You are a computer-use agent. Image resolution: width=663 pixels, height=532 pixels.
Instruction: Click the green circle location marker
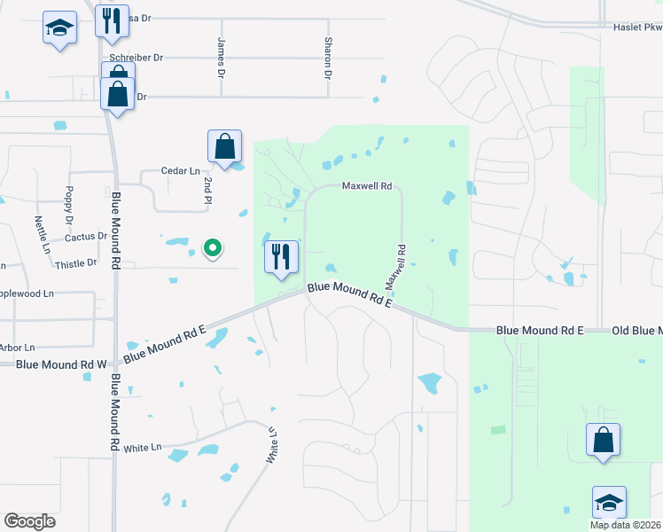[212, 248]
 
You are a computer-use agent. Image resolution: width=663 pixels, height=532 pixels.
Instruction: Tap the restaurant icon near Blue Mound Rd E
[282, 257]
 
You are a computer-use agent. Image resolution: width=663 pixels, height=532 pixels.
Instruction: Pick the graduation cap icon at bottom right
[609, 502]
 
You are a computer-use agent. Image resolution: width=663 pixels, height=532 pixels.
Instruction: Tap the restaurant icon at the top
[112, 21]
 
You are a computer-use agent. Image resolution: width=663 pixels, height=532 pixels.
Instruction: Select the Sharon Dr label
[327, 58]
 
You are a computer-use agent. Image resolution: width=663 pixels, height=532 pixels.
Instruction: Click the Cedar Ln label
[177, 170]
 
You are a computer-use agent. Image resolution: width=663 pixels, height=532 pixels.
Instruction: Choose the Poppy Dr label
[68, 205]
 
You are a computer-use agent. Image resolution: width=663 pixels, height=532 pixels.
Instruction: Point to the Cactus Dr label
[86, 237]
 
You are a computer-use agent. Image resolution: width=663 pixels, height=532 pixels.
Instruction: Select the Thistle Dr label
[75, 263]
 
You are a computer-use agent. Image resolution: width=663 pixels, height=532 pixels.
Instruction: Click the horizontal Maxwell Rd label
[367, 186]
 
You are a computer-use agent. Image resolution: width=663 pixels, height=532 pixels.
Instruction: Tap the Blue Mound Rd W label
[60, 364]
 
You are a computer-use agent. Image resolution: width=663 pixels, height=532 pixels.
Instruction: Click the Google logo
[30, 520]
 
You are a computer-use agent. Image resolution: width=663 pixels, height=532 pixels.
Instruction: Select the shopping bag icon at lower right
[603, 440]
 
